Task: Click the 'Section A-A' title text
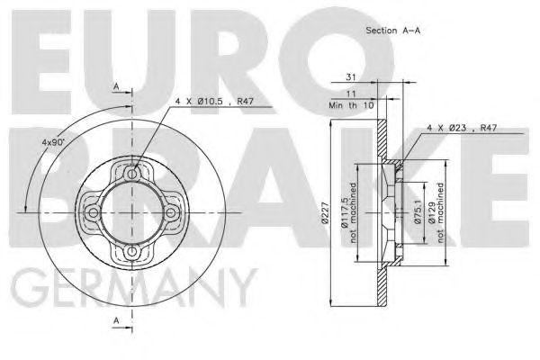click(392, 30)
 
